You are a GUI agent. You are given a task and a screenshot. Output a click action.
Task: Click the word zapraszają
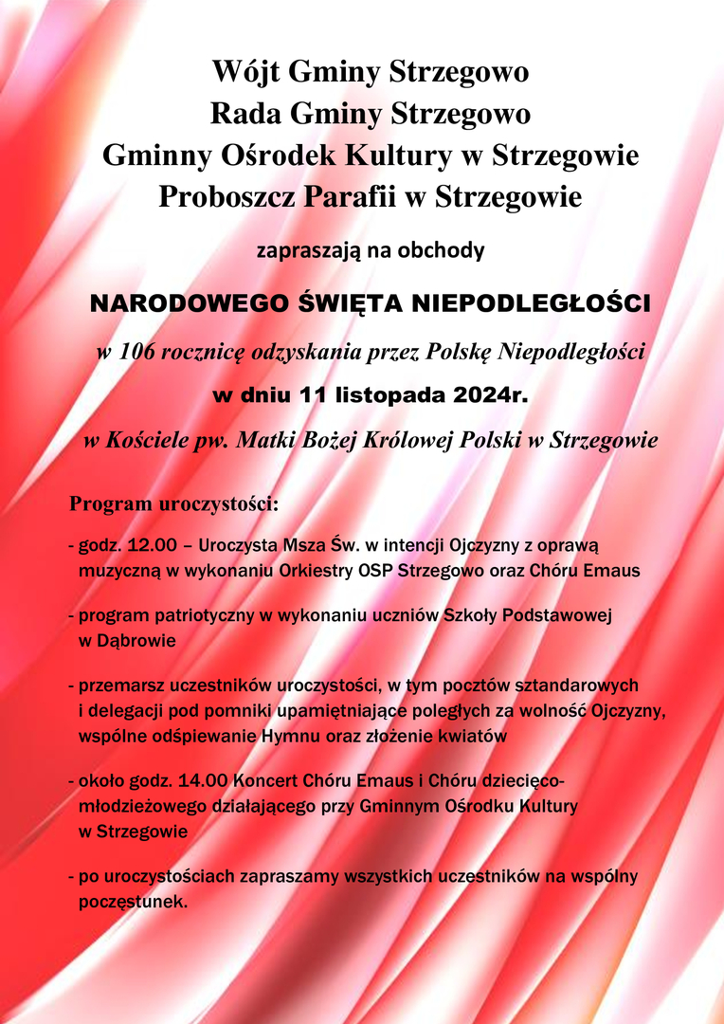click(x=302, y=251)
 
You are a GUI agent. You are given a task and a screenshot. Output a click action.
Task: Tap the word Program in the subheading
click(x=111, y=503)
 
